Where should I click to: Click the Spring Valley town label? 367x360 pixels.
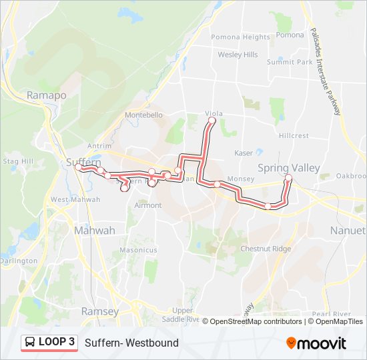click(289, 168)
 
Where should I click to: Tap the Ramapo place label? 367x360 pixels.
click(47, 95)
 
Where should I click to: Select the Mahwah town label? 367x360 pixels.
click(94, 230)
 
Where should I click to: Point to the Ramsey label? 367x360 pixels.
click(99, 311)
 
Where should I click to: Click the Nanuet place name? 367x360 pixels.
click(348, 230)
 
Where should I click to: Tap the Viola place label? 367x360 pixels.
click(214, 114)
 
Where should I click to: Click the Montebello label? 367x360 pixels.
click(143, 115)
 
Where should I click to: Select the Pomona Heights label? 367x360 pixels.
click(240, 37)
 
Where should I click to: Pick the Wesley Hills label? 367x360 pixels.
click(238, 55)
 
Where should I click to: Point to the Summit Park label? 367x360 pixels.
click(290, 62)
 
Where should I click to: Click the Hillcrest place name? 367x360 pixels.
click(294, 135)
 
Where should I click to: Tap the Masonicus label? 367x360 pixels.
click(138, 250)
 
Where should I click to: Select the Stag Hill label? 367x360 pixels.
click(18, 161)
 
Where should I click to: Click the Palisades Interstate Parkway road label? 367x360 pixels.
click(325, 71)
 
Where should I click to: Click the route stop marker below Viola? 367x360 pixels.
click(212, 122)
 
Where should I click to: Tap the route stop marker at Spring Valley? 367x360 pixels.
click(288, 177)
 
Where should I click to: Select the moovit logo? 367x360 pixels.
click(316, 343)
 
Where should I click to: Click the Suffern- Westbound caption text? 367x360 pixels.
click(131, 343)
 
